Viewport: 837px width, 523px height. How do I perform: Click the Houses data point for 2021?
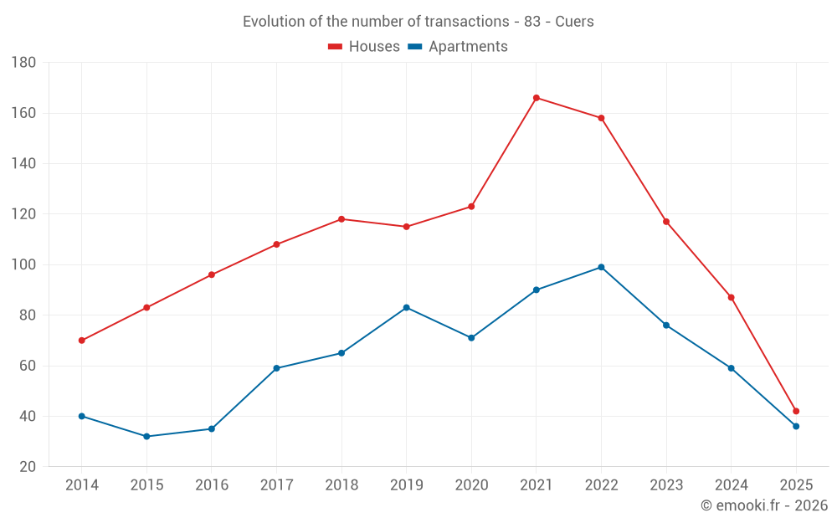tap(537, 98)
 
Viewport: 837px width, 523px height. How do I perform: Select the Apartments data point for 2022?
tap(601, 267)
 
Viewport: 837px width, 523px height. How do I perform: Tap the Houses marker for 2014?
tap(82, 341)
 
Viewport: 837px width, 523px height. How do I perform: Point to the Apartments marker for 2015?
tap(146, 436)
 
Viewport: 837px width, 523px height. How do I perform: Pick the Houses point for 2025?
tap(796, 411)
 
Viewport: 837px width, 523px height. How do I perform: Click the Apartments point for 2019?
tap(407, 307)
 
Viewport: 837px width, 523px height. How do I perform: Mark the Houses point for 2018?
tap(341, 219)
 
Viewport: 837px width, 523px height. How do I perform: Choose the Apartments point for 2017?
tap(276, 368)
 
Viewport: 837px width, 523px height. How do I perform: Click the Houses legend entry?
tap(364, 47)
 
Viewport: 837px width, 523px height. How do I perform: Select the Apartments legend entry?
tap(458, 47)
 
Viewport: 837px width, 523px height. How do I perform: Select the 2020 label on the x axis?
tap(471, 485)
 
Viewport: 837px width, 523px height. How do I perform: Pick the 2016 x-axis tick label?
tap(211, 485)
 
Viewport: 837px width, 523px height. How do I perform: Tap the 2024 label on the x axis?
tap(732, 485)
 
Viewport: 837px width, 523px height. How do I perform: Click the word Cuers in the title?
tap(575, 22)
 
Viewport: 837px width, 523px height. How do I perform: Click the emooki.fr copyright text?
tap(763, 505)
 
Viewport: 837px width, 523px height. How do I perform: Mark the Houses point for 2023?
tap(666, 222)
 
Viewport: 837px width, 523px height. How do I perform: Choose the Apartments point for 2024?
tap(732, 368)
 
